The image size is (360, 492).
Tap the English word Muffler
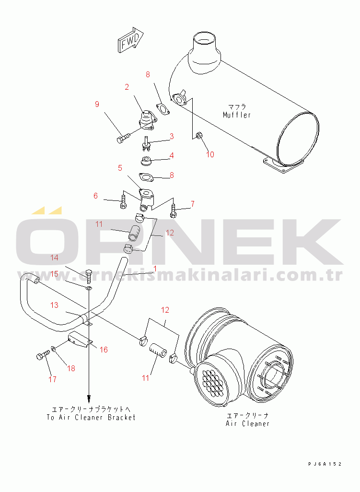[x=237, y=115]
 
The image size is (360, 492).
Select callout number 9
[x=97, y=104]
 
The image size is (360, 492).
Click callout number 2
[x=127, y=87]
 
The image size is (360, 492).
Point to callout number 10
[x=210, y=154]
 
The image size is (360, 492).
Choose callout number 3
[x=172, y=137]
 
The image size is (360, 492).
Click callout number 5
[x=120, y=168]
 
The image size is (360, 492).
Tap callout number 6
[x=96, y=196]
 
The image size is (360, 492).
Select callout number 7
[x=193, y=204]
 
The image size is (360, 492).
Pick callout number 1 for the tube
[x=155, y=268]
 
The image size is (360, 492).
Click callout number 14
[x=54, y=258]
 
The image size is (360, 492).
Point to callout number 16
[x=104, y=350]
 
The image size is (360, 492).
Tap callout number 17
[x=52, y=379]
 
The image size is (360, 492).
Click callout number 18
[x=71, y=368]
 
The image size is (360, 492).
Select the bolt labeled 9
[x=123, y=139]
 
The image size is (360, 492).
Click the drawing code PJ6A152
[x=325, y=464]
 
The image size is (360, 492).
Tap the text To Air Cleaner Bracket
[x=91, y=417]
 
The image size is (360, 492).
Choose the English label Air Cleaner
[x=247, y=423]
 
